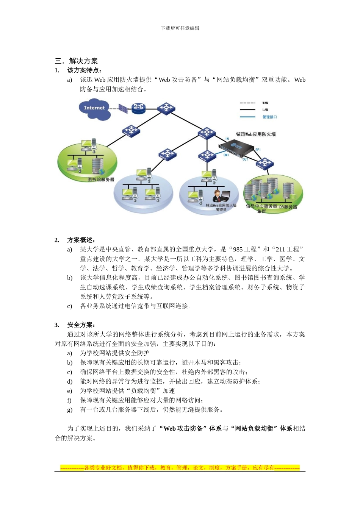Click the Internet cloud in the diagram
(95, 109)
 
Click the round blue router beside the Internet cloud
(139, 108)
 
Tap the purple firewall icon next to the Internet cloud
(123, 108)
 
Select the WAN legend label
(265, 103)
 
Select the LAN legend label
(265, 110)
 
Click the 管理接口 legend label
(269, 117)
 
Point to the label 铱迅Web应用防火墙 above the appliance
(256, 134)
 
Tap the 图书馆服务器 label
(101, 180)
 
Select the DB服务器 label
(288, 207)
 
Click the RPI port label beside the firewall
(258, 150)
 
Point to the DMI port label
(226, 155)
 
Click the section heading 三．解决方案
(76, 61)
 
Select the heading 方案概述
(81, 240)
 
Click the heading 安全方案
(81, 325)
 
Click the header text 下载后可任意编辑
(180, 28)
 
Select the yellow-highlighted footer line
(180, 468)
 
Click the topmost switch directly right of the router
(166, 108)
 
